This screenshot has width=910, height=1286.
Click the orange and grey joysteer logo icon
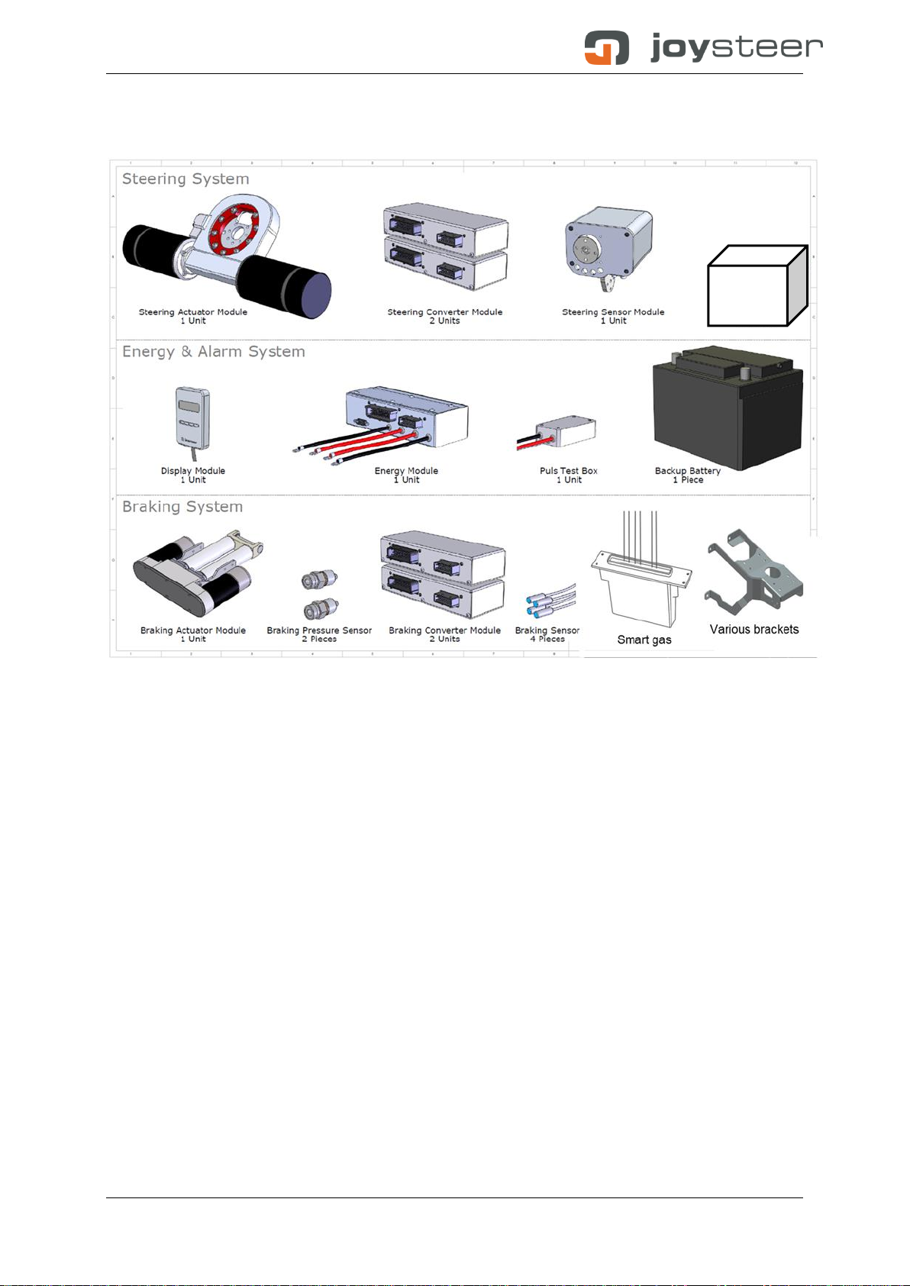[606, 47]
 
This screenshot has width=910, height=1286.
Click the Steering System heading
[186, 179]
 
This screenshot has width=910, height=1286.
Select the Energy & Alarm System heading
[214, 351]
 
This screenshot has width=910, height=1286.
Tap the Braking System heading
[182, 506]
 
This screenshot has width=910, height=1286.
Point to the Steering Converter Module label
[445, 311]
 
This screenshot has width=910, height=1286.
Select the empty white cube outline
[757, 285]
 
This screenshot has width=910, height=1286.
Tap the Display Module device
[192, 419]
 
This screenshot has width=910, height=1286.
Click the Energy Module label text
[406, 471]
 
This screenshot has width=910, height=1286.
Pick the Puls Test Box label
[569, 471]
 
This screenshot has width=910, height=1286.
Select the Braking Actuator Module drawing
[198, 574]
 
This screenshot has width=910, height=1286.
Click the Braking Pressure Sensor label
[319, 630]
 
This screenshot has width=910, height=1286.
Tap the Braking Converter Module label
[445, 630]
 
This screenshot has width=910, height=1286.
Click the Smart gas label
[644, 640]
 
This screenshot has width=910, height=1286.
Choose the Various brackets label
[753, 629]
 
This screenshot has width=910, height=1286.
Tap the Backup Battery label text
[688, 471]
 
